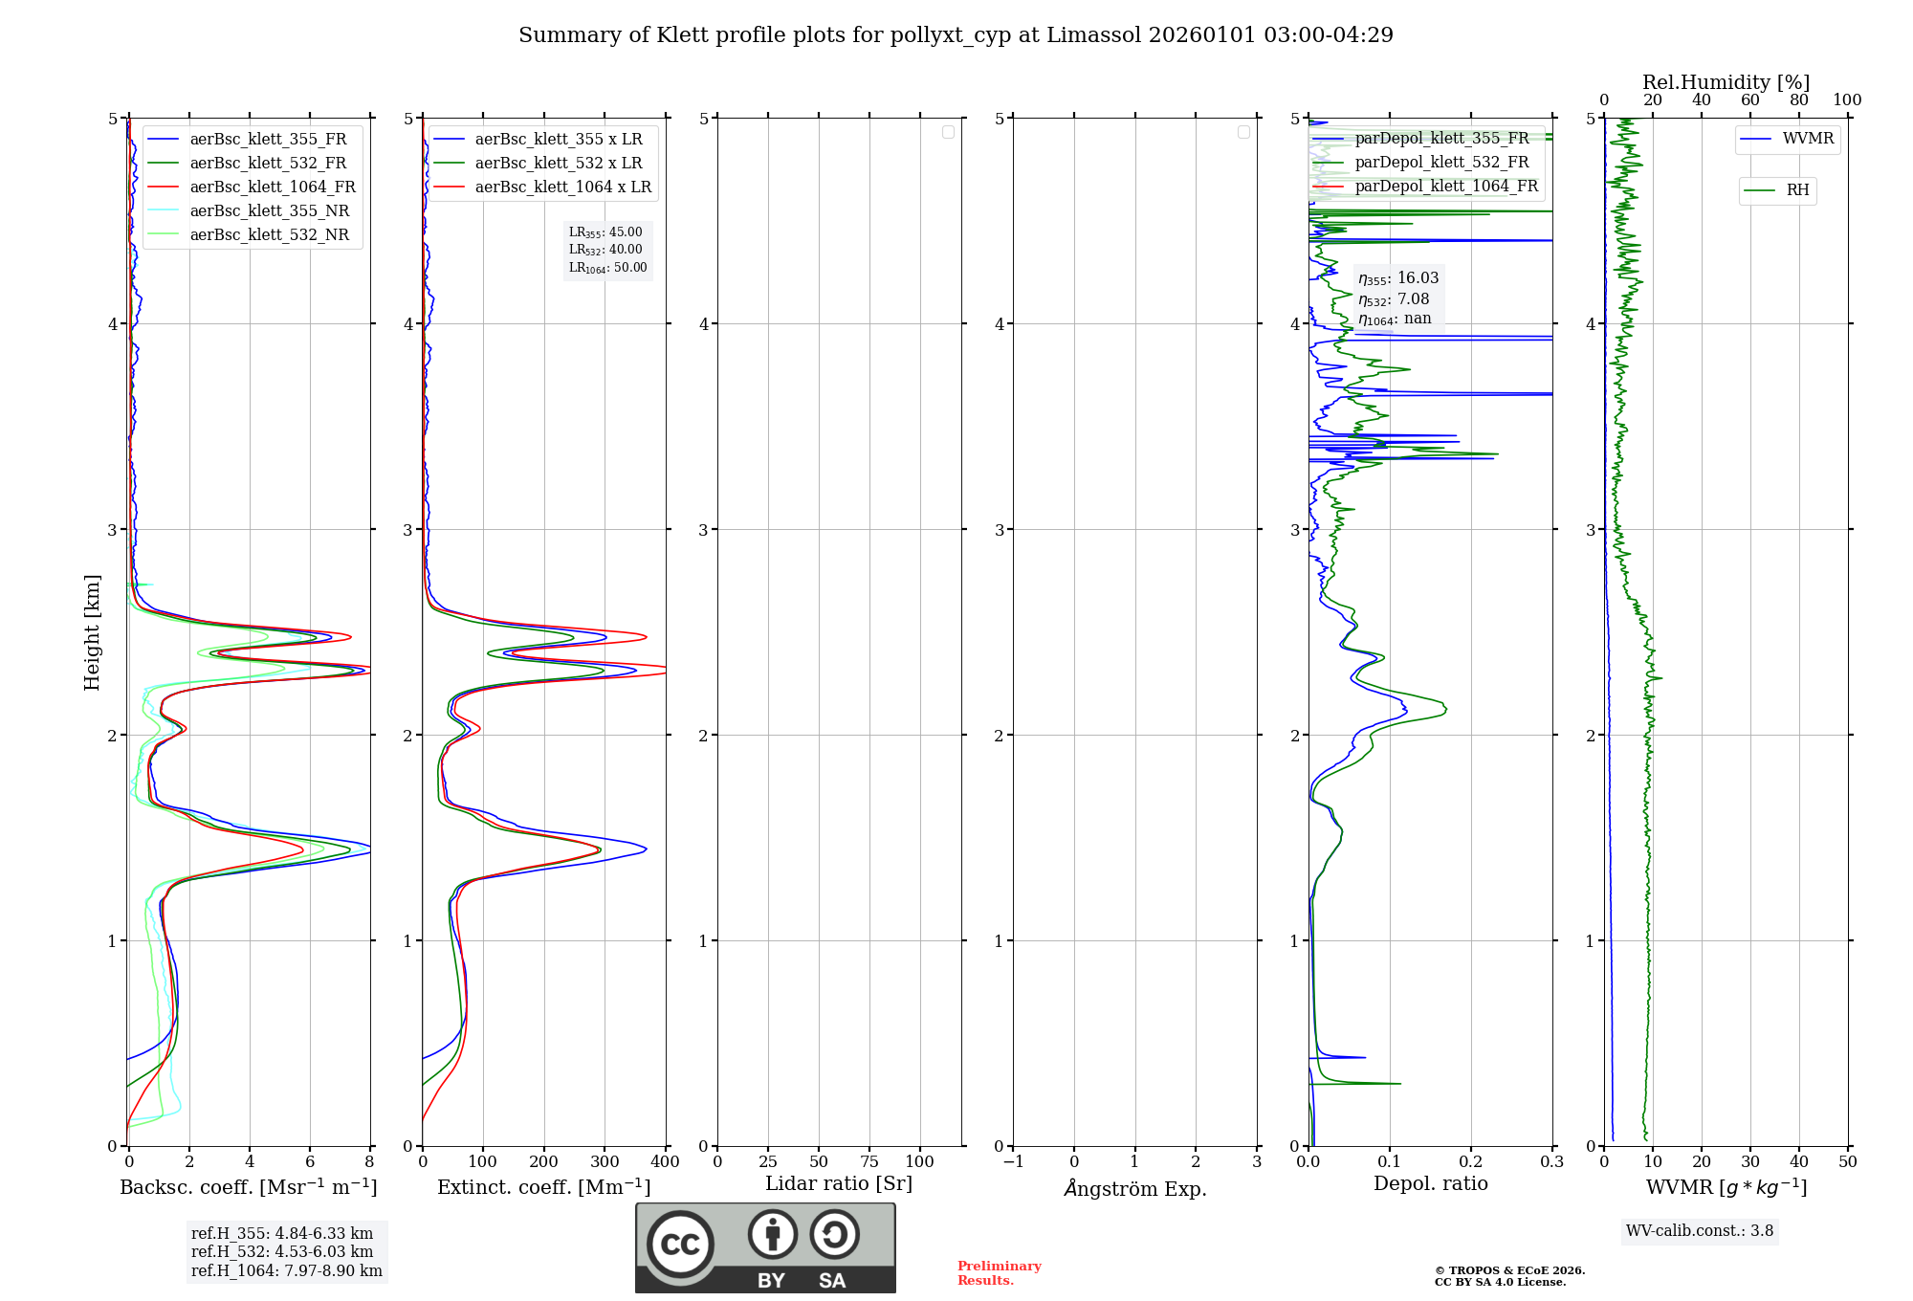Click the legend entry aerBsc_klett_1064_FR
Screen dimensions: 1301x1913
tap(273, 187)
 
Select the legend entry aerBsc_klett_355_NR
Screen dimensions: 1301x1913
tap(270, 211)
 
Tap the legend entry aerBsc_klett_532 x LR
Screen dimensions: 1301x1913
tap(559, 164)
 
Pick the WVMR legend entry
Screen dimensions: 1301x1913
tap(1808, 139)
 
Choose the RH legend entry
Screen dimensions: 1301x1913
tap(1797, 190)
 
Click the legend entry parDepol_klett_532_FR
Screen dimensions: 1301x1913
tap(1441, 163)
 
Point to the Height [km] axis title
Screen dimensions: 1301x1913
tap(92, 632)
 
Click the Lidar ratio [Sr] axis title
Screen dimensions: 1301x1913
tap(839, 1184)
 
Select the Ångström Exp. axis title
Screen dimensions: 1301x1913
tap(1135, 1189)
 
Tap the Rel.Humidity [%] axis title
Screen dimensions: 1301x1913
tap(1726, 82)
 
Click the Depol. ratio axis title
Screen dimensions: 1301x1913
tap(1430, 1184)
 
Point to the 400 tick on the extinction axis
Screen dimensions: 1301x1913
tap(665, 1162)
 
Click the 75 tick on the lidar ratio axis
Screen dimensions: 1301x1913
tap(869, 1162)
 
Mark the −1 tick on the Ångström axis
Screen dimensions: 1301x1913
tap(1013, 1162)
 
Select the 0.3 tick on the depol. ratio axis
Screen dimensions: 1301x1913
tap(1551, 1162)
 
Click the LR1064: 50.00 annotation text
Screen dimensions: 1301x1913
tap(608, 268)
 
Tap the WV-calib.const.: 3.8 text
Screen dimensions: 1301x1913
tap(1700, 1231)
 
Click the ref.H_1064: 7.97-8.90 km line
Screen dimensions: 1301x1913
tap(287, 1271)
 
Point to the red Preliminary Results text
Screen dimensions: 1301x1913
tap(999, 1273)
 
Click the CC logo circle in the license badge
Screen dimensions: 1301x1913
tap(680, 1245)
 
